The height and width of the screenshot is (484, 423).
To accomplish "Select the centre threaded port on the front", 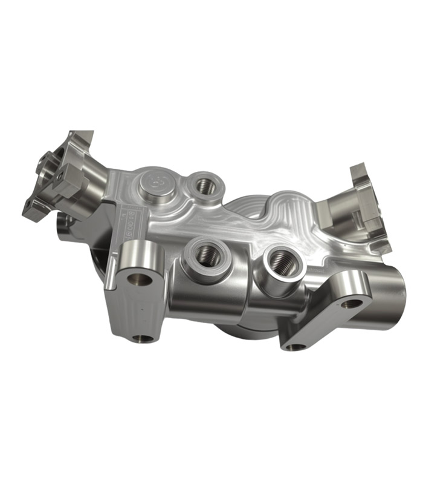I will [207, 254].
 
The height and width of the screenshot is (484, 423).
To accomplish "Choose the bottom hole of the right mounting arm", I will [294, 347].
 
